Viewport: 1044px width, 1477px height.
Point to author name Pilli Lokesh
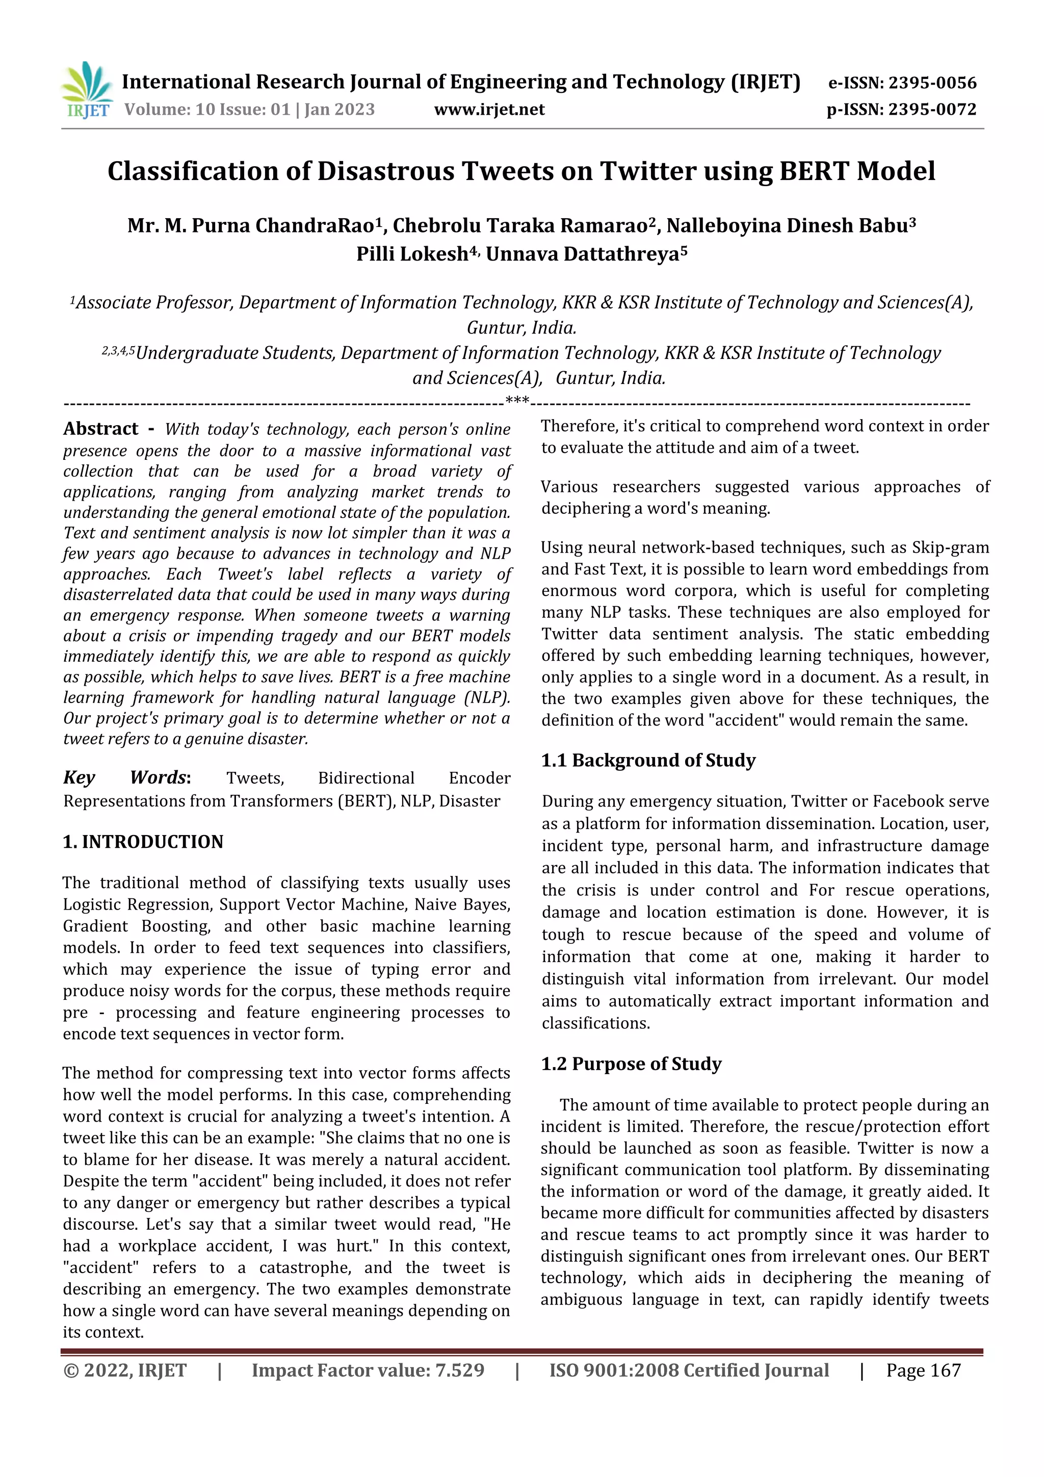tap(412, 254)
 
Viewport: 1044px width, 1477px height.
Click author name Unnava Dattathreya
tap(582, 254)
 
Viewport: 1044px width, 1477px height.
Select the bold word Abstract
tap(100, 429)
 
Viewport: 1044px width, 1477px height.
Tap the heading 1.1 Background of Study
tap(648, 760)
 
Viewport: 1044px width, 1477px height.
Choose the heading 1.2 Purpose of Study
tap(631, 1064)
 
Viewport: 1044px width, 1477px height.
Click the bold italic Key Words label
tap(126, 778)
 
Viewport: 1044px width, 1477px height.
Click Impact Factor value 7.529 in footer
tap(368, 1370)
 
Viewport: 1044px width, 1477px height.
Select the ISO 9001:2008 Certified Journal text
tap(688, 1370)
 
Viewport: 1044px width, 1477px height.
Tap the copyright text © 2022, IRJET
tap(125, 1370)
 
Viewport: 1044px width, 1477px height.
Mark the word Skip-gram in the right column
tap(950, 548)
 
